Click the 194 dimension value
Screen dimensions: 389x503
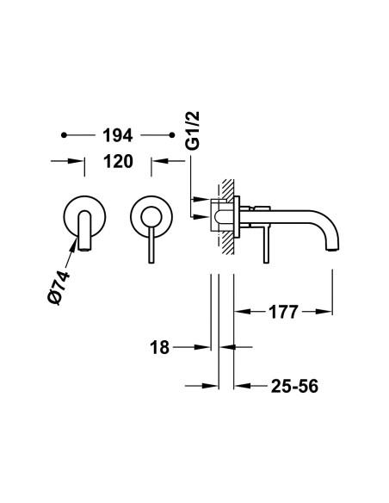[x=118, y=135]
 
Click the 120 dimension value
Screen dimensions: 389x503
[x=118, y=161]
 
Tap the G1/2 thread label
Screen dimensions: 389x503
[x=194, y=131]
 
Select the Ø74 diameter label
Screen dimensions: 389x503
[x=59, y=288]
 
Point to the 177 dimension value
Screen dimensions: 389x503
[x=283, y=312]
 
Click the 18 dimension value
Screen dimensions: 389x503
[x=159, y=347]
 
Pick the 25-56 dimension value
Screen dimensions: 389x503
[x=294, y=386]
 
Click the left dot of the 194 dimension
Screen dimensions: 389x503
[x=64, y=135]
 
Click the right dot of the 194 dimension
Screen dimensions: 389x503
[x=172, y=135]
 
